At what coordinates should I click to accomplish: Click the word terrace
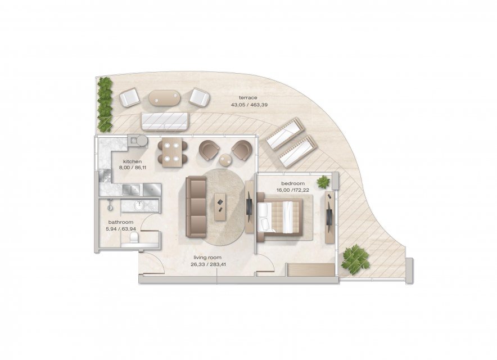[248, 98]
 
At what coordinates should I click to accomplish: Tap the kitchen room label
[133, 162]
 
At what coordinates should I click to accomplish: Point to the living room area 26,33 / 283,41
[208, 264]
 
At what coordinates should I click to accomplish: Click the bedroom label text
[293, 183]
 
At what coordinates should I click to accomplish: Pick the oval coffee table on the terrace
[165, 98]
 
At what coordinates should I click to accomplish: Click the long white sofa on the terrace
[165, 121]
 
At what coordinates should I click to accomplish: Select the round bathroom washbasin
[139, 205]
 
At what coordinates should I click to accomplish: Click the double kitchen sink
[132, 190]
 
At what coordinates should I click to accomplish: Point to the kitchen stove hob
[105, 175]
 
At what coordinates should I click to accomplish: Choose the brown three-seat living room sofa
[196, 207]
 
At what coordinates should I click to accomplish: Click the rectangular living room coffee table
[222, 207]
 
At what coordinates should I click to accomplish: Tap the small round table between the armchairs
[225, 160]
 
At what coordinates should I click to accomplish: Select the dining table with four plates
[172, 152]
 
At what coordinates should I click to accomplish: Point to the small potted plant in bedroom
[323, 182]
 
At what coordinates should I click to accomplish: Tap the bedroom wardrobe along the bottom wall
[310, 270]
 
